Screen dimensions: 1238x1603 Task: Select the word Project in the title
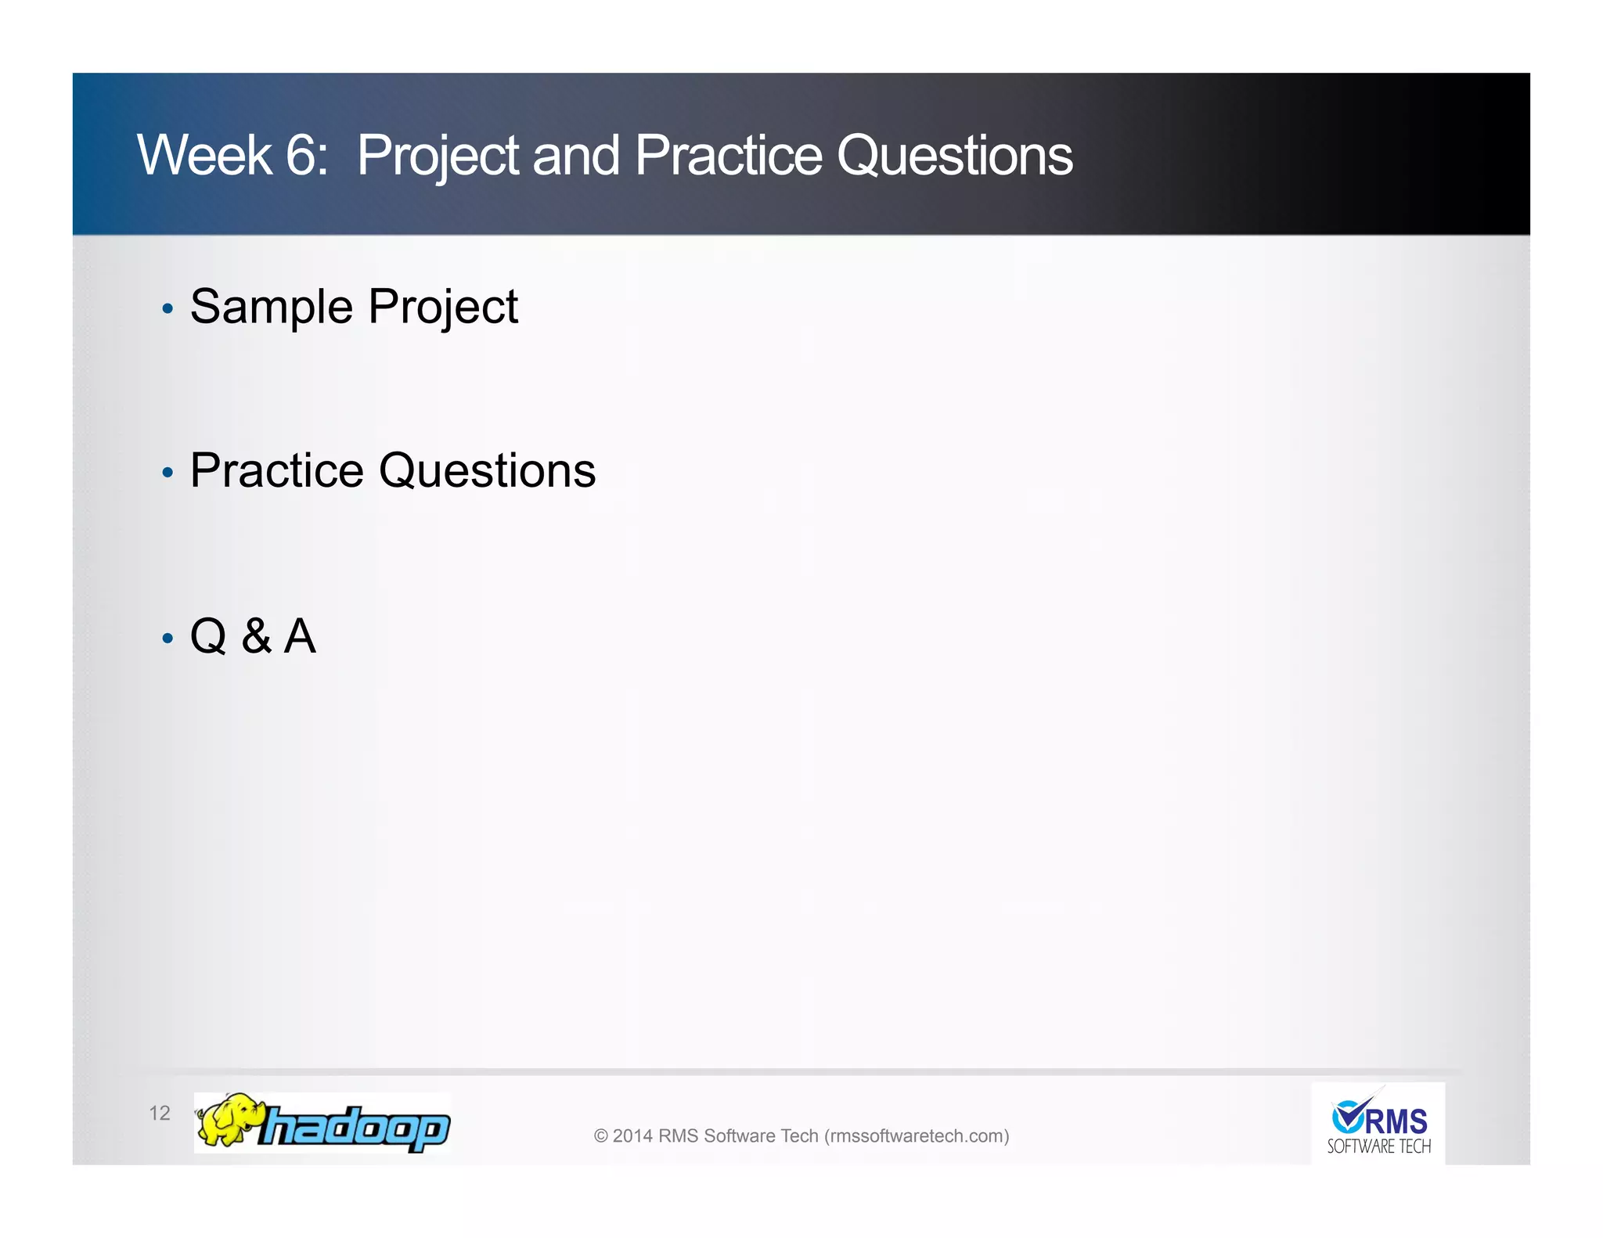[x=438, y=157]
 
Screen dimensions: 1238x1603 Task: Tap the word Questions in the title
[x=954, y=157]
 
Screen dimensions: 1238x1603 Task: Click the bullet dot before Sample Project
[x=167, y=309]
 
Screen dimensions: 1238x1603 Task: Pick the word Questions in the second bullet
[x=487, y=471]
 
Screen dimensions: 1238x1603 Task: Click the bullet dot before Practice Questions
[x=167, y=473]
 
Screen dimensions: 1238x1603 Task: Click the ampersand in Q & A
[x=257, y=635]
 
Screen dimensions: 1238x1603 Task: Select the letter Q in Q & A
[x=208, y=636]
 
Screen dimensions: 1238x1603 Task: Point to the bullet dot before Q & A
[x=167, y=639]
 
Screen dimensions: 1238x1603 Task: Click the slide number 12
[x=160, y=1113]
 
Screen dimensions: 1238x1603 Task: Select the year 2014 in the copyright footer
[x=632, y=1135]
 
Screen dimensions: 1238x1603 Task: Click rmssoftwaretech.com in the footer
[x=916, y=1135]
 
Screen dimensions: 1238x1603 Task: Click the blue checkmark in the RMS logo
[x=1349, y=1115]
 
